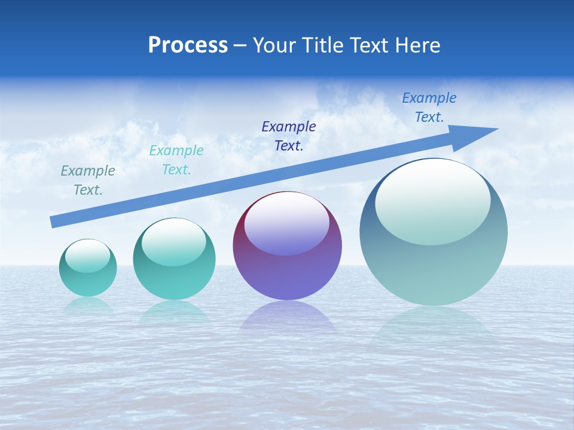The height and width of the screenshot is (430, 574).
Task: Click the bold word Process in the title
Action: pos(188,45)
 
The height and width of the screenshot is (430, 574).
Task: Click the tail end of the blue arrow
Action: pos(54,222)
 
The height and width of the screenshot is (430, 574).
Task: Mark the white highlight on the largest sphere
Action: pos(432,202)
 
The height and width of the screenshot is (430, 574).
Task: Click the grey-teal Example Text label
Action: pos(88,180)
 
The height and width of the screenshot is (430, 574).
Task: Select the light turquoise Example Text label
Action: pos(176,160)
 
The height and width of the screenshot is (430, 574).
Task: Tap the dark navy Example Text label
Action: pos(289,136)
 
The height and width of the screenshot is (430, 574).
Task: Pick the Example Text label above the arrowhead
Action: pos(429,107)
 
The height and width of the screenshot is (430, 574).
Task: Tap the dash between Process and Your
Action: pos(240,45)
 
